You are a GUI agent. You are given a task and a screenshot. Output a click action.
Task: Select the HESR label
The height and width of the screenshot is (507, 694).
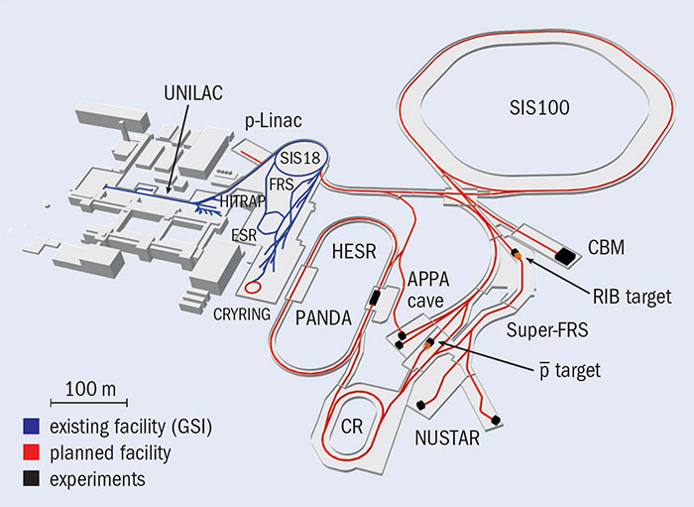coord(355,252)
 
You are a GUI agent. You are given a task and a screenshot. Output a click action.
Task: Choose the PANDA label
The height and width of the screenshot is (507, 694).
coord(327,318)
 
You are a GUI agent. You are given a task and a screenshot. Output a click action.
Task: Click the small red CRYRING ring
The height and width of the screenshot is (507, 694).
coord(255,288)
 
